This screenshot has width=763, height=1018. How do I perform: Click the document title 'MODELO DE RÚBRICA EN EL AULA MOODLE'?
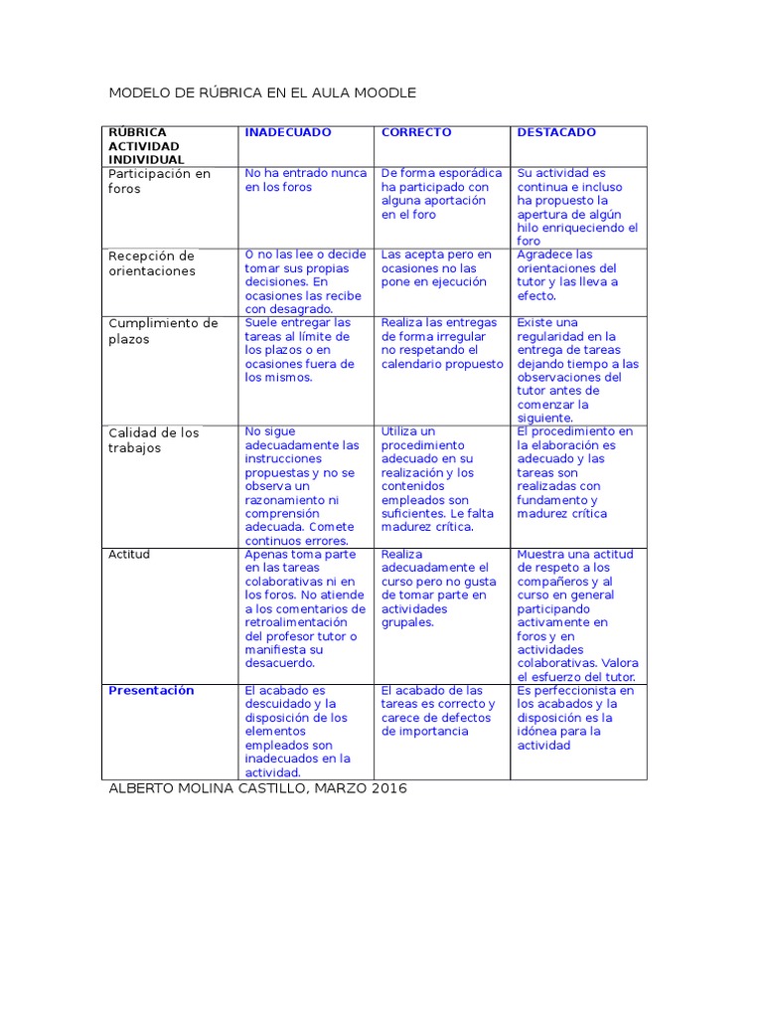(261, 92)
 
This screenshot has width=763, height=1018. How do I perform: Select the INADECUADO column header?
(288, 132)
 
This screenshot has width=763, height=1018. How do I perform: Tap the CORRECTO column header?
(416, 132)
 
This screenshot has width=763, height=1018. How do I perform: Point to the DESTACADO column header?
(556, 132)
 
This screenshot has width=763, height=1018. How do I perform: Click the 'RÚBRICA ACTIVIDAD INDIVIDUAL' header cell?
(146, 145)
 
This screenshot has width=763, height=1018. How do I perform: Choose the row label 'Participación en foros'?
(159, 181)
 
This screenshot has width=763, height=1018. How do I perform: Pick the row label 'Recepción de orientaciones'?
(152, 263)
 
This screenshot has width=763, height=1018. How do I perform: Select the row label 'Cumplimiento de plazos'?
(162, 331)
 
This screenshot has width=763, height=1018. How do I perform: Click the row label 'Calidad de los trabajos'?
(153, 440)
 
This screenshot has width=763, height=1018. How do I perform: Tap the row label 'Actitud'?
(129, 554)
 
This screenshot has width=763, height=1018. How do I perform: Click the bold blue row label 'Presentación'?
(151, 690)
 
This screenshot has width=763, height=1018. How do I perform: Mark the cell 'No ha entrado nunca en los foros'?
(305, 180)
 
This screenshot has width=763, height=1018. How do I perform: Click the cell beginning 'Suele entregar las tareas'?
(301, 350)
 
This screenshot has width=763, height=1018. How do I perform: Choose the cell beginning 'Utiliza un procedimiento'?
(437, 479)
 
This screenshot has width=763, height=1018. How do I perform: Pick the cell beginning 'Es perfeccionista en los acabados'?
(575, 717)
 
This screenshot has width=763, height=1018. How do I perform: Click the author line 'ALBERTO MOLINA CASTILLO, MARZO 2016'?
(257, 788)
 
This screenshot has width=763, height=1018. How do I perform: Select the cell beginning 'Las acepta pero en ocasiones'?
(436, 268)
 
